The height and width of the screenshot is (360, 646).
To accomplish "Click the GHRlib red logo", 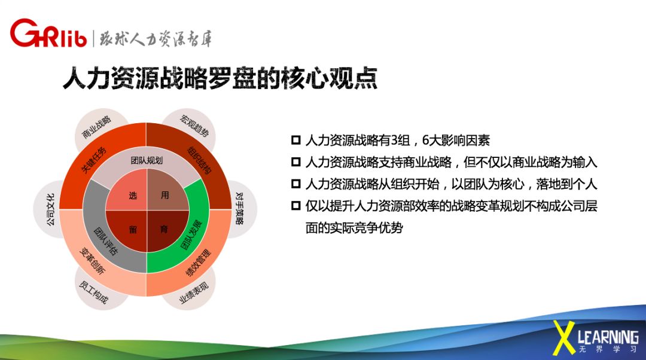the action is point(48,33).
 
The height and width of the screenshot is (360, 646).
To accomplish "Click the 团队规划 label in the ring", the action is point(147,160).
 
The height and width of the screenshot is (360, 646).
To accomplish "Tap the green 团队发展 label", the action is point(191,235).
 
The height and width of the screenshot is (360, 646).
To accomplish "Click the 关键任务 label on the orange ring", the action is point(93,160).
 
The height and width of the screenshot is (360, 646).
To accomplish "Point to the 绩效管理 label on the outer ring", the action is point(199,263).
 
